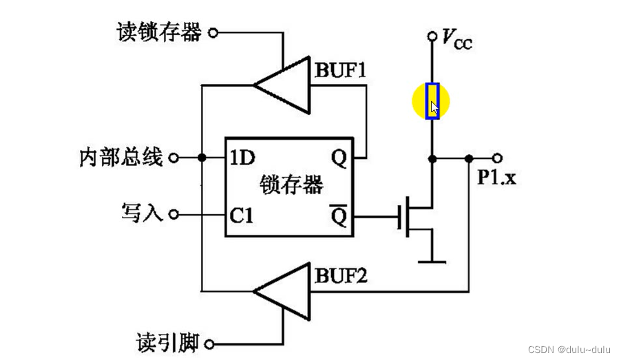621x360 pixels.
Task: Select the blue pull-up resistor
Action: coord(432,101)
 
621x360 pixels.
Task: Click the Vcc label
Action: coord(457,39)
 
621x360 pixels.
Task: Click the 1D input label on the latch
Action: coord(242,158)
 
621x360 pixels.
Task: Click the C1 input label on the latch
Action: coord(242,216)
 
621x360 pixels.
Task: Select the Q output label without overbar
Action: coord(339,158)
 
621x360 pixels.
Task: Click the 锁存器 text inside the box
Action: coord(291,185)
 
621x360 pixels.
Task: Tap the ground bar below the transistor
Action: coord(432,262)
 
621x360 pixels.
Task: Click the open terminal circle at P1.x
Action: coord(498,158)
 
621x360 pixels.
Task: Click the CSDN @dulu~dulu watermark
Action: coord(569,350)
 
